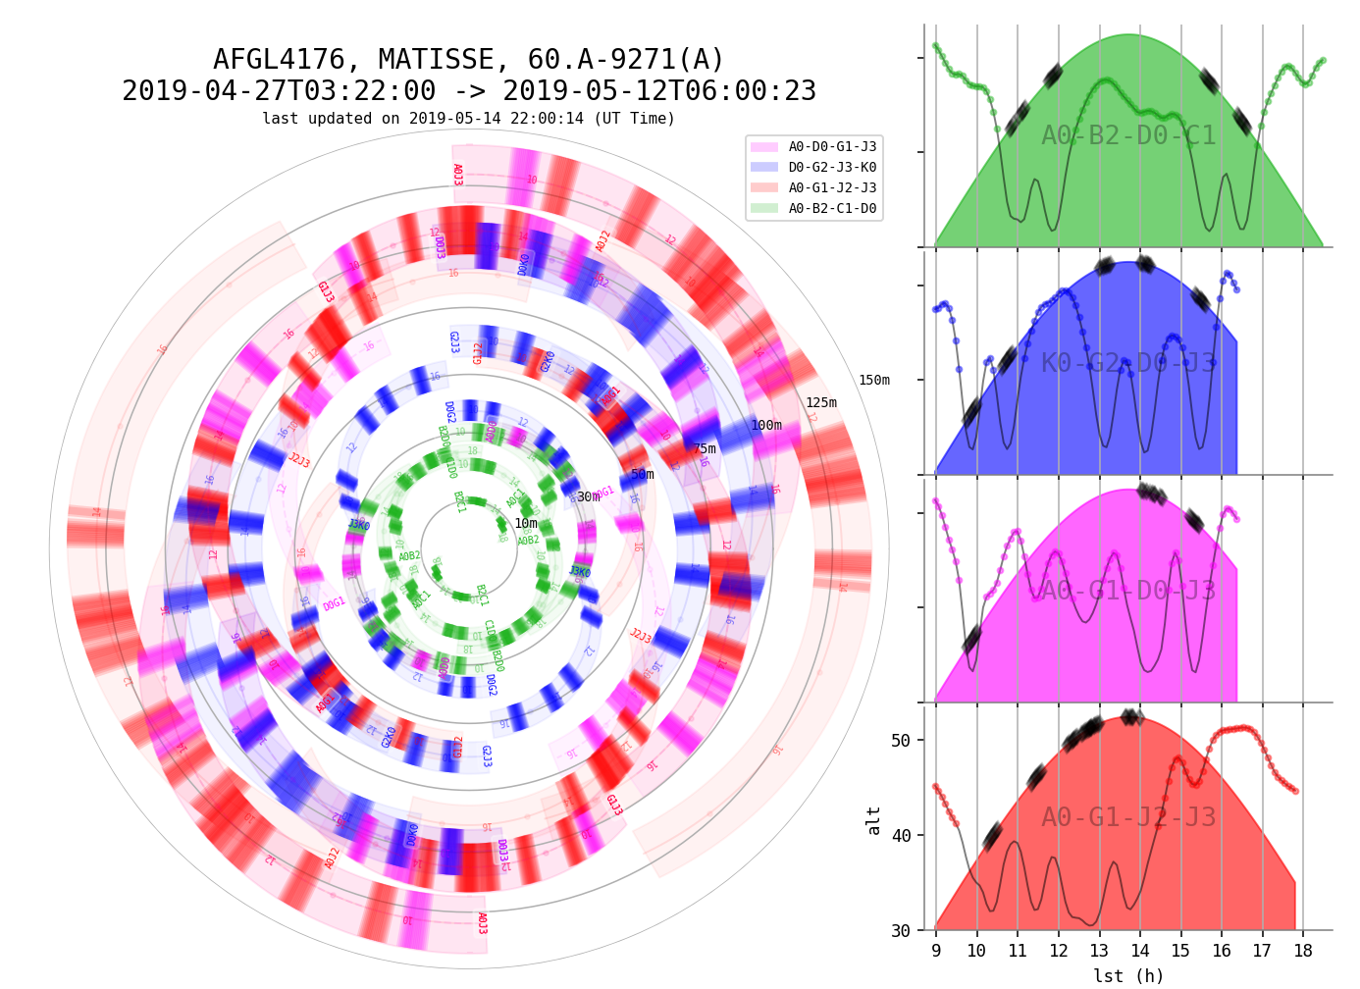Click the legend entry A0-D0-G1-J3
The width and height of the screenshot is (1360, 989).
[x=832, y=147]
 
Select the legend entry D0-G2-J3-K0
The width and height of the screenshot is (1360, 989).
[x=832, y=168]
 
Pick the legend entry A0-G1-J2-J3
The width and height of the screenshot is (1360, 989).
[x=832, y=188]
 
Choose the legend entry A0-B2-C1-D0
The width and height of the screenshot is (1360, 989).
[x=832, y=209]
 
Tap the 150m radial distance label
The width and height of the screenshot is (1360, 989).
[x=874, y=381]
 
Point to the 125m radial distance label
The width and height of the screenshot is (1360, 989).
[x=821, y=403]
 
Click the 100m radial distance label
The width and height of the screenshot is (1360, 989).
[x=766, y=426]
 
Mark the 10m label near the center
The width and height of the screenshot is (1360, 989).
[x=526, y=524]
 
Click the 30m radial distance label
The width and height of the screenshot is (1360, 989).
[x=588, y=497]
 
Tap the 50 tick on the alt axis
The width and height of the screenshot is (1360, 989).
[x=901, y=741]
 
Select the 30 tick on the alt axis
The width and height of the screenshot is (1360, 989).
[x=901, y=931]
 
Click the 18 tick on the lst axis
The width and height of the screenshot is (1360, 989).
[x=1303, y=952]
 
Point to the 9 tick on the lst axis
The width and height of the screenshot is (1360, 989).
[x=936, y=952]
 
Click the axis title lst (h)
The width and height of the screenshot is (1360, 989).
[x=1128, y=976]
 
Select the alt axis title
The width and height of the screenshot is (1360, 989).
[x=874, y=820]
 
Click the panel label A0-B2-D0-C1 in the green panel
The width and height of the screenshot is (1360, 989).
[x=1128, y=136]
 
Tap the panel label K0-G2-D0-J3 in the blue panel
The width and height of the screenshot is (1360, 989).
[x=1128, y=364]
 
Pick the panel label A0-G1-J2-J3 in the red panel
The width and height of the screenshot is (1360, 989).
[x=1128, y=818]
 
